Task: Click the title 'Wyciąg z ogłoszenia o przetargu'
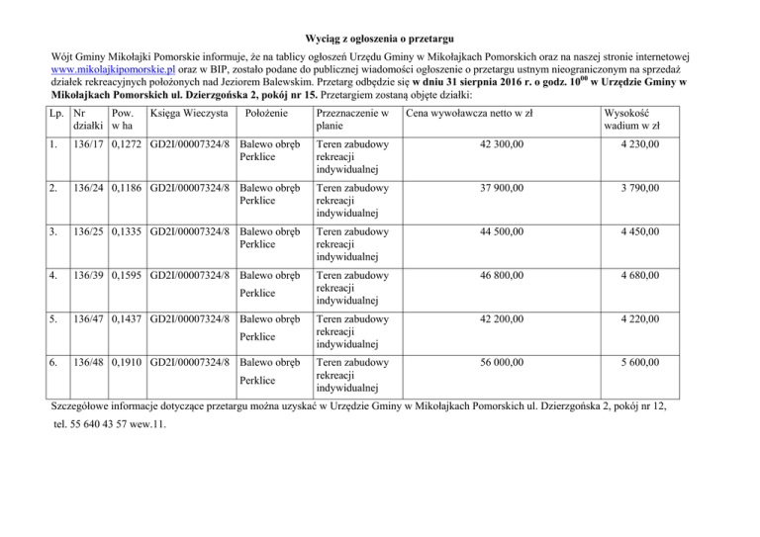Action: tap(380, 38)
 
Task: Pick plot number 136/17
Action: tap(90, 145)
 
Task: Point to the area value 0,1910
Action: tap(128, 363)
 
